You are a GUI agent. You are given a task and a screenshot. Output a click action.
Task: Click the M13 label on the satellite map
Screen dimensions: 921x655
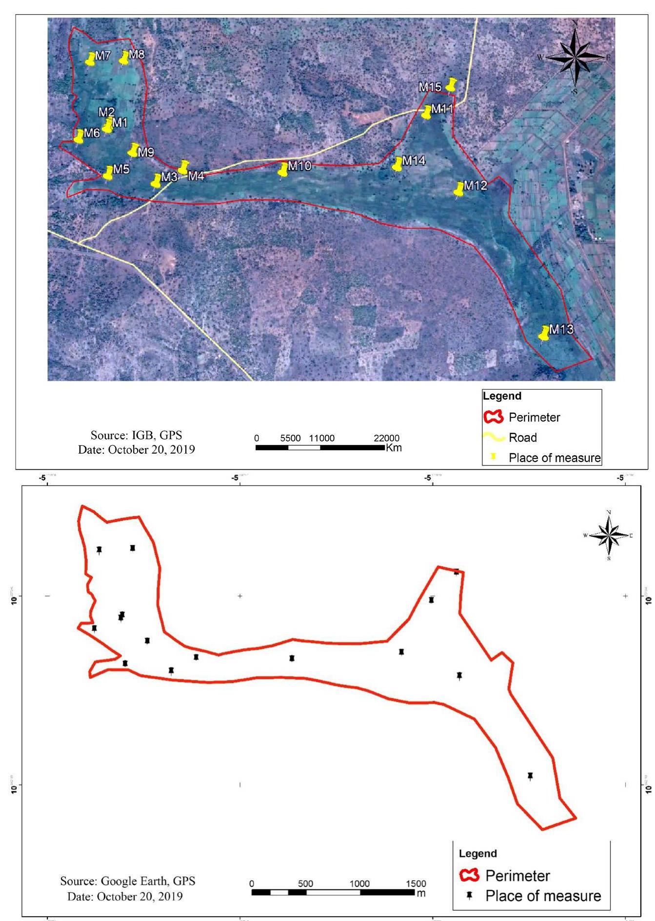click(x=561, y=329)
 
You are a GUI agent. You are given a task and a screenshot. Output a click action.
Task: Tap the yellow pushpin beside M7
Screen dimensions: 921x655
click(x=90, y=59)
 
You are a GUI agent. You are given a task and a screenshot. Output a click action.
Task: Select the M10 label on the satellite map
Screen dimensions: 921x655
click(x=299, y=166)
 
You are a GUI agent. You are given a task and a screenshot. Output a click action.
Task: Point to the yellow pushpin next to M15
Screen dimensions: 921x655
click(x=452, y=84)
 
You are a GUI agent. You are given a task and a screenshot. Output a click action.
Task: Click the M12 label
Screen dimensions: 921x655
click(x=475, y=185)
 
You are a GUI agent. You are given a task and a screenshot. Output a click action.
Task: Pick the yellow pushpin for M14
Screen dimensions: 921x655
click(x=397, y=164)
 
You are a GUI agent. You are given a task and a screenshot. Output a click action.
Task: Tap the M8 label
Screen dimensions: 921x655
click(x=137, y=54)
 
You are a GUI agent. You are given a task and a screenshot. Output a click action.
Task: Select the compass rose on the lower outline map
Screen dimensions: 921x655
click(x=609, y=535)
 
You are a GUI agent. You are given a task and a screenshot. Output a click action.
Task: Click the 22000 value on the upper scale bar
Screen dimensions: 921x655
click(x=386, y=438)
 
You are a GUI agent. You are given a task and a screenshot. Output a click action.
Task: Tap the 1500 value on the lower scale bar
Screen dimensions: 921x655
click(x=416, y=883)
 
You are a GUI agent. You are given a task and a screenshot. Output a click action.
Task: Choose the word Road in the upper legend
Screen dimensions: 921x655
click(x=522, y=438)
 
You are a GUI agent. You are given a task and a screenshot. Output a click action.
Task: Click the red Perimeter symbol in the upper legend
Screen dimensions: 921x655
click(x=493, y=417)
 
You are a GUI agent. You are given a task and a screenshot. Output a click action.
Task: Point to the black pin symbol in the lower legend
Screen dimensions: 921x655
click(x=470, y=896)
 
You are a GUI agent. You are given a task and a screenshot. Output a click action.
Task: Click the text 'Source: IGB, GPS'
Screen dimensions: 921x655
click(x=136, y=435)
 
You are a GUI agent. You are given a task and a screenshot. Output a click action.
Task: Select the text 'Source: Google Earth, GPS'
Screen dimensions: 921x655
click(x=127, y=881)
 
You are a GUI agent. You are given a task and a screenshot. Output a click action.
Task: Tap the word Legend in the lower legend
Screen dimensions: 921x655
click(x=477, y=853)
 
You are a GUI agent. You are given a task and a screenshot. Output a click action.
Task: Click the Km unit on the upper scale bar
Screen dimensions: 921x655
click(x=394, y=448)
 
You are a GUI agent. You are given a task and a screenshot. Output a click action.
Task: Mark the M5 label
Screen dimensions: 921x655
click(x=121, y=169)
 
